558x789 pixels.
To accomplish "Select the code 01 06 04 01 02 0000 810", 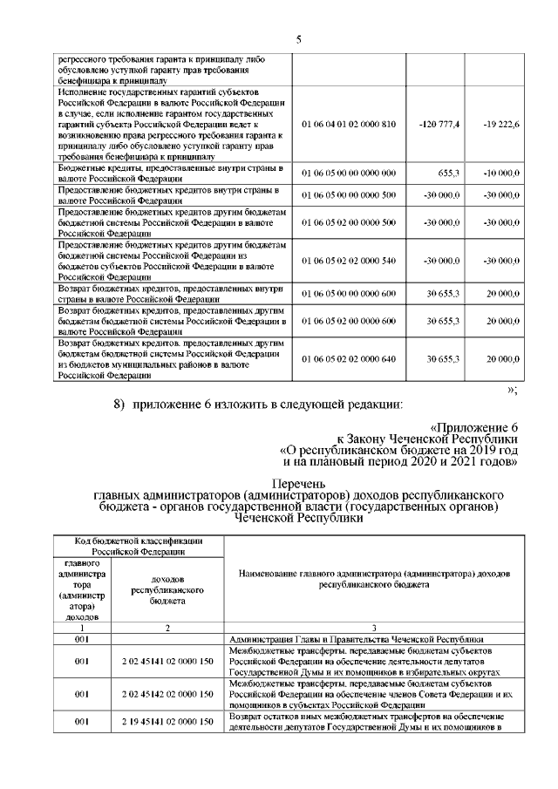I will click(x=349, y=124).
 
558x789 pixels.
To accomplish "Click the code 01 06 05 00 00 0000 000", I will click(x=349, y=173).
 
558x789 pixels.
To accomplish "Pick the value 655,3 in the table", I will click(x=446, y=173).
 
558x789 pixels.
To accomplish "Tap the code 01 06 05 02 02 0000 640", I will click(x=349, y=359).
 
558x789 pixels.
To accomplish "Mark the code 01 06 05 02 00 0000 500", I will click(x=349, y=222).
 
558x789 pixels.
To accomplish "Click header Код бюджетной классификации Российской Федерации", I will click(x=139, y=547).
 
